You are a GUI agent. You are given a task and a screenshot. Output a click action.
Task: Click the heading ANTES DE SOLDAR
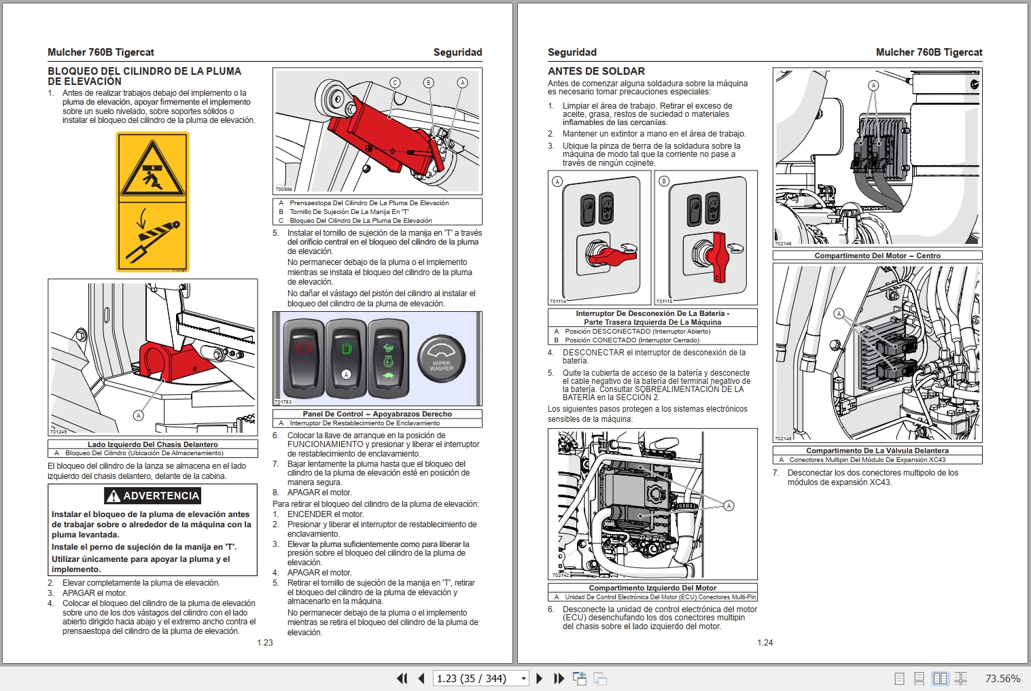pos(596,71)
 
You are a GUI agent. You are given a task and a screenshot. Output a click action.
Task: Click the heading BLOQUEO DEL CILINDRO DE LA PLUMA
pos(144,71)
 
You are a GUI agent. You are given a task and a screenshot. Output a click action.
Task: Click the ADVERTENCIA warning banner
pos(153,496)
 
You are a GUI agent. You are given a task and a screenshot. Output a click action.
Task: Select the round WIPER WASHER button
pos(441,359)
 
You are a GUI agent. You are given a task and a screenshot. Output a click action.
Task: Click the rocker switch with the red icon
pos(303,358)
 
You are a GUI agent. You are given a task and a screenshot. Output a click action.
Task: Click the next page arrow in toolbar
pos(539,678)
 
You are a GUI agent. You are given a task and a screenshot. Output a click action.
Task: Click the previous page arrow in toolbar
pos(421,678)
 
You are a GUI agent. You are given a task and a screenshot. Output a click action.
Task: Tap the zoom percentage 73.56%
pos(1002,678)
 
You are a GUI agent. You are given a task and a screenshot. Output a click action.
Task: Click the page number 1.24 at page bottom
pos(765,642)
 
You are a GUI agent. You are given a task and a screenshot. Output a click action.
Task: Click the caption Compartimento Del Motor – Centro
pos(877,255)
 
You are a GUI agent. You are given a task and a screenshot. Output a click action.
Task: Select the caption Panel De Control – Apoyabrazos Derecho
pos(377,414)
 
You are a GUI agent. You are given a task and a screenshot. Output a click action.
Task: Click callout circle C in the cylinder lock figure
pos(395,83)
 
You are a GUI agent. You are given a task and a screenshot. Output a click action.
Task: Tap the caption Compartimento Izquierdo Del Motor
pos(652,588)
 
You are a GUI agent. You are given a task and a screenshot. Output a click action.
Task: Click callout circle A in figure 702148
pos(839,313)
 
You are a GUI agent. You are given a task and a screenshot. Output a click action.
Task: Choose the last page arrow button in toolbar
pos(559,678)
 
